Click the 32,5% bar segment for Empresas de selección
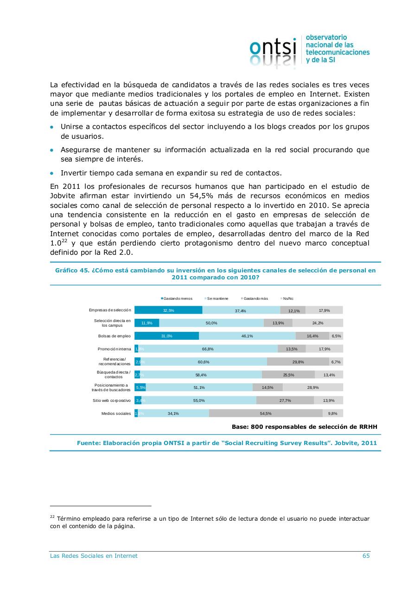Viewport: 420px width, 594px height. pyautogui.click(x=168, y=310)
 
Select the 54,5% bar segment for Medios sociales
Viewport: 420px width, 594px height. pyautogui.click(x=266, y=413)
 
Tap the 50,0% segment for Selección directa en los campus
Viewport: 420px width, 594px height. pyautogui.click(x=211, y=323)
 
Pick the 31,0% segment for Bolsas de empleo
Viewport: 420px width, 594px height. pyautogui.click(x=167, y=336)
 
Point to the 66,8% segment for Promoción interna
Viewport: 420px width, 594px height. pyautogui.click(x=208, y=349)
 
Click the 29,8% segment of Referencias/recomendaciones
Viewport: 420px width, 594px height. pyautogui.click(x=298, y=362)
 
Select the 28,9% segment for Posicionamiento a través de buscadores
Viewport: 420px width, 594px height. pyautogui.click(x=313, y=387)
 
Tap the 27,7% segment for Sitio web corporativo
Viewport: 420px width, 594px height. pyautogui.click(x=285, y=400)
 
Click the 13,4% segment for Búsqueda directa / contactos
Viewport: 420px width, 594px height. pyautogui.click(x=329, y=375)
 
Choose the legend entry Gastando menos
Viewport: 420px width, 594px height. pyautogui.click(x=177, y=298)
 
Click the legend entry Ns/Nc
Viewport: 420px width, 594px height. pyautogui.click(x=287, y=298)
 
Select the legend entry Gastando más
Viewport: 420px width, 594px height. pyautogui.click(x=255, y=298)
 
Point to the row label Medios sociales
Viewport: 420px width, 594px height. pyautogui.click(x=116, y=413)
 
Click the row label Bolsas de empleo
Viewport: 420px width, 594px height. pyautogui.click(x=115, y=336)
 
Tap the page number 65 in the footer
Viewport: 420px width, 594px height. pyautogui.click(x=366, y=556)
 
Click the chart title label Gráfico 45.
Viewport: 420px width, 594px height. pyautogui.click(x=72, y=270)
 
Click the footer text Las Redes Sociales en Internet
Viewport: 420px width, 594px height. pyautogui.click(x=94, y=556)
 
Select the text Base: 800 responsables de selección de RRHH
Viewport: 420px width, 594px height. pyautogui.click(x=305, y=426)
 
